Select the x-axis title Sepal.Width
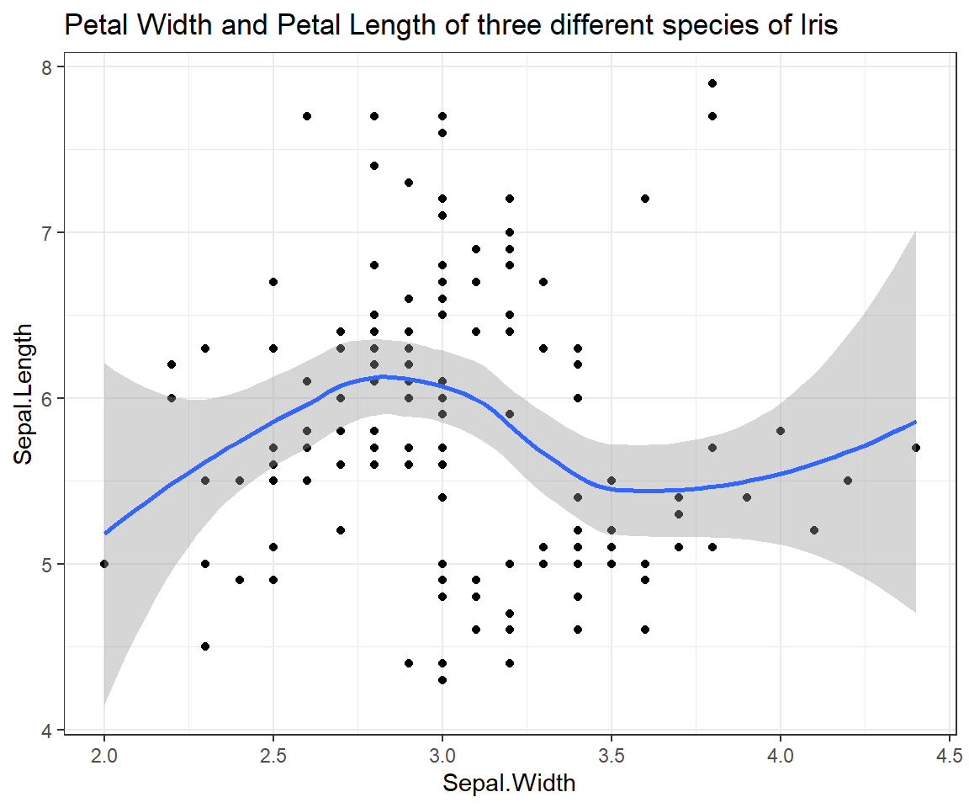[x=510, y=784]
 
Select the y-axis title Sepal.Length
[x=24, y=393]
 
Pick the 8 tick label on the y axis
[x=48, y=66]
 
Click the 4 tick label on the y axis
[x=48, y=730]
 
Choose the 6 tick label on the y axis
[x=48, y=398]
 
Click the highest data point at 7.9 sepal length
[x=712, y=83]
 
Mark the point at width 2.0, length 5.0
[x=104, y=564]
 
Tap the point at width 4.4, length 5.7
[x=915, y=448]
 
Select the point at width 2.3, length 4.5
[x=205, y=646]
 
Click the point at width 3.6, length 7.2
[x=645, y=199]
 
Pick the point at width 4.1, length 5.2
[x=814, y=530]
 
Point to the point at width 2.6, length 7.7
[x=307, y=116]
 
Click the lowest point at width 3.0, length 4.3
[x=442, y=679]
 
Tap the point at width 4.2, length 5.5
[x=848, y=481]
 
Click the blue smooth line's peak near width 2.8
[x=383, y=376]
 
